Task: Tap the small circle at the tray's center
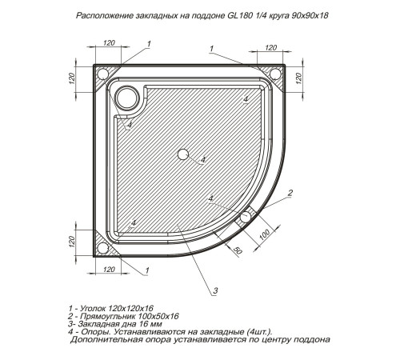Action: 183,153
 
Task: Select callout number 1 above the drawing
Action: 210,50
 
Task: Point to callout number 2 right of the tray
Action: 290,191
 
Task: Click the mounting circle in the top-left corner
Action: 104,74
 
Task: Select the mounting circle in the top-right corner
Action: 276,74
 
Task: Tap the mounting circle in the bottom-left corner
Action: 104,247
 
